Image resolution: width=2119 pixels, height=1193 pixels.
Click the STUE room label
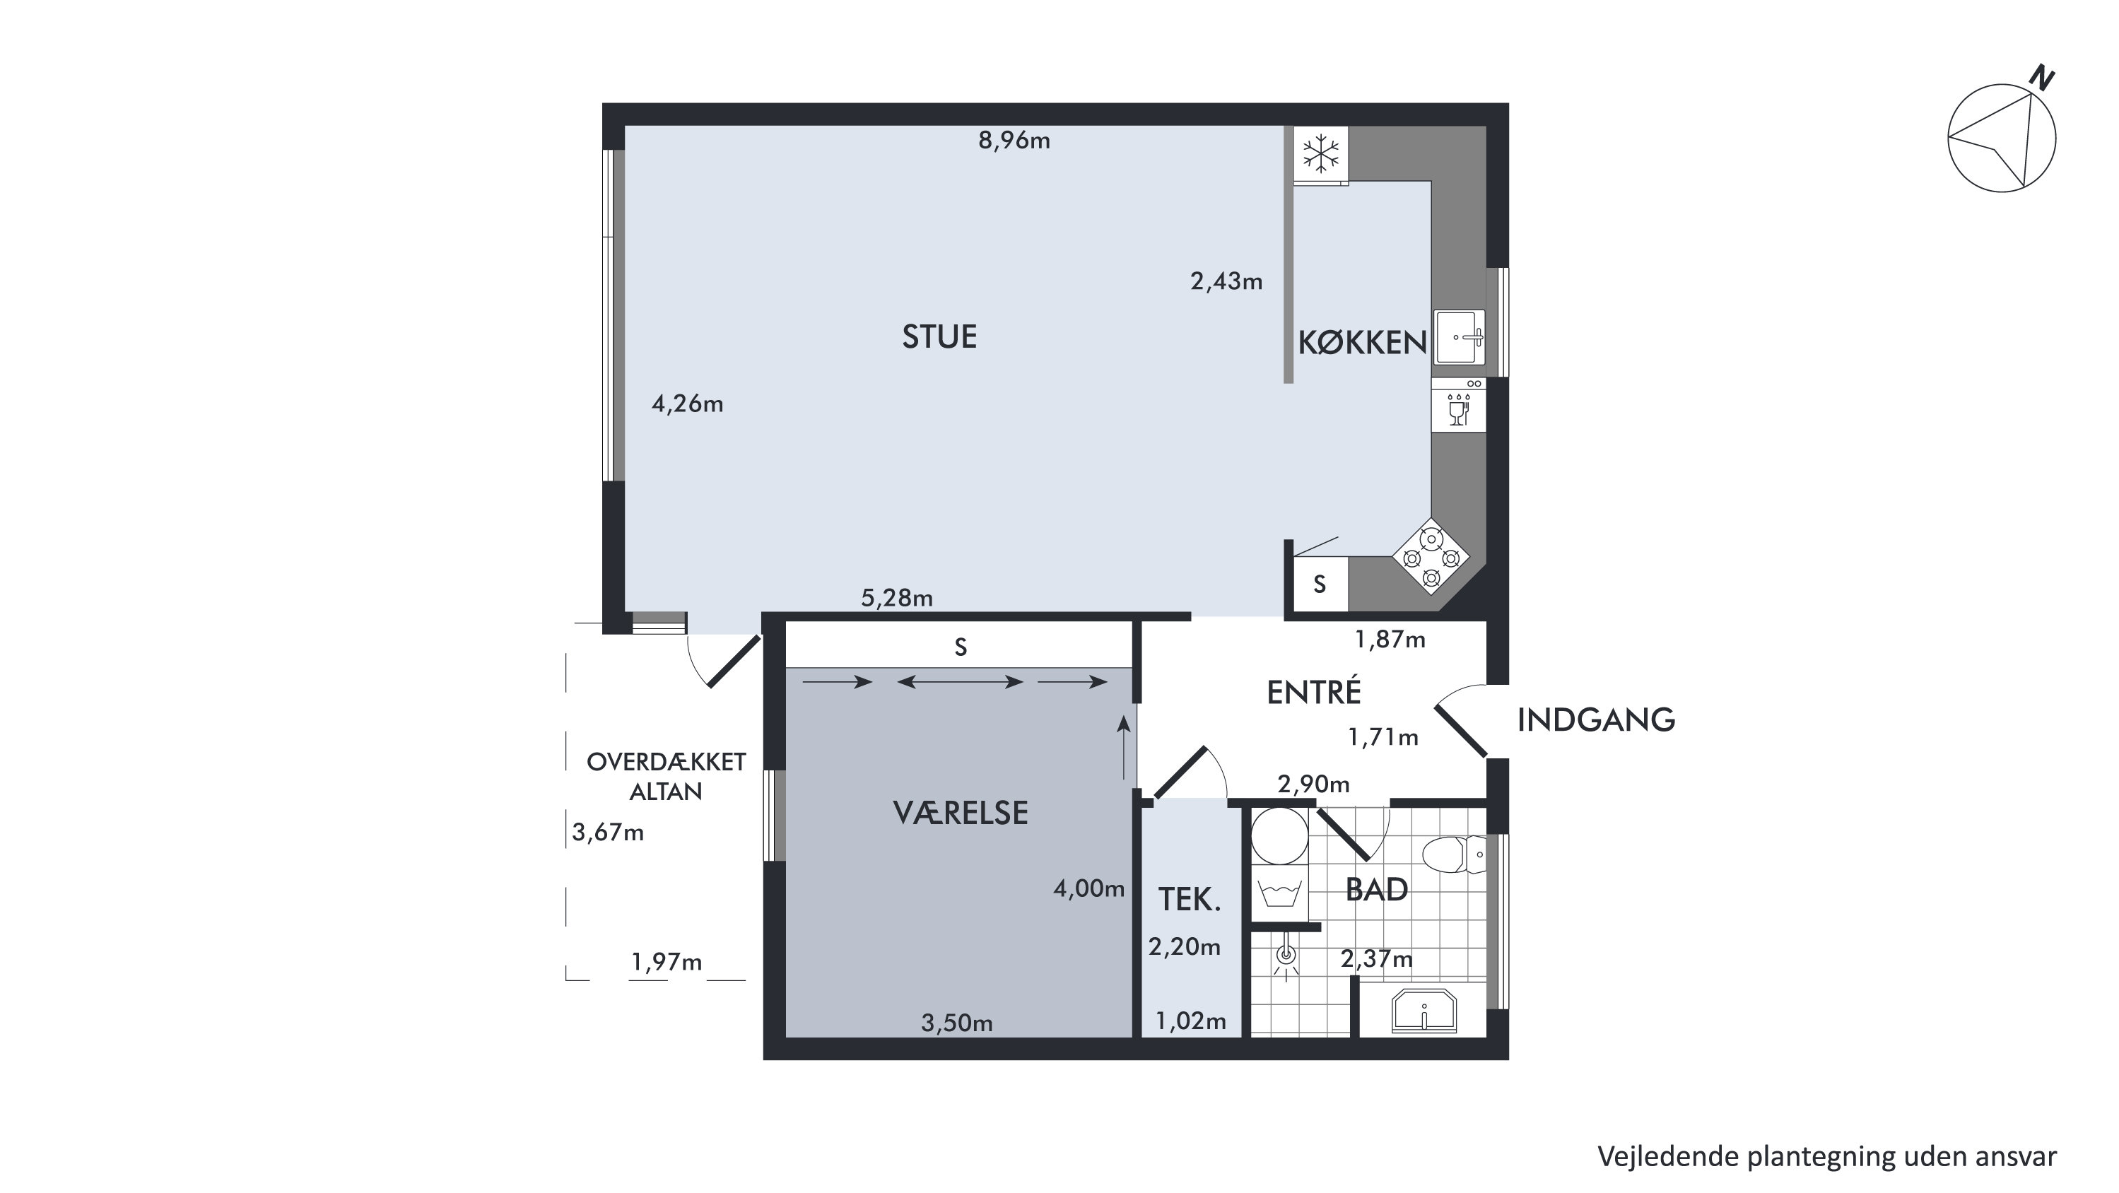click(939, 337)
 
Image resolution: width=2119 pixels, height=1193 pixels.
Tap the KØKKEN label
click(1362, 343)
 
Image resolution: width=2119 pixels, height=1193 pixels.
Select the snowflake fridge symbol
click(1320, 154)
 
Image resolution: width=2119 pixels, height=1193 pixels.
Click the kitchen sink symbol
click(1460, 336)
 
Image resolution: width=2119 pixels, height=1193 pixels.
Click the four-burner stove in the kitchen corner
click(1431, 556)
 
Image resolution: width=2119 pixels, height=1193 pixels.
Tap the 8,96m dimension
click(1014, 141)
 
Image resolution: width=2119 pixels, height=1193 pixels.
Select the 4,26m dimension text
click(688, 404)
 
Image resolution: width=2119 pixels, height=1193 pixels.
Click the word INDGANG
click(1596, 720)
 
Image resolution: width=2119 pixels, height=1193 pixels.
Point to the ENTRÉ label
click(1314, 692)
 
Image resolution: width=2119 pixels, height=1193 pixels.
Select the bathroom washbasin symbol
click(1424, 1011)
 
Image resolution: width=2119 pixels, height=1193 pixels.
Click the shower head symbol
click(1286, 956)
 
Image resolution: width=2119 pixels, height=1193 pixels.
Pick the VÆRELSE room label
click(961, 813)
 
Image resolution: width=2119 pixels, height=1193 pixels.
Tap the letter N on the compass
click(2043, 78)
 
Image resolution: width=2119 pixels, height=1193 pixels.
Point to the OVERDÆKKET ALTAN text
click(667, 777)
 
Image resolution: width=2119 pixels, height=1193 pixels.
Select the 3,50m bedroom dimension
click(957, 1023)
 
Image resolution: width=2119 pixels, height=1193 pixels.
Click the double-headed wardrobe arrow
click(960, 681)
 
